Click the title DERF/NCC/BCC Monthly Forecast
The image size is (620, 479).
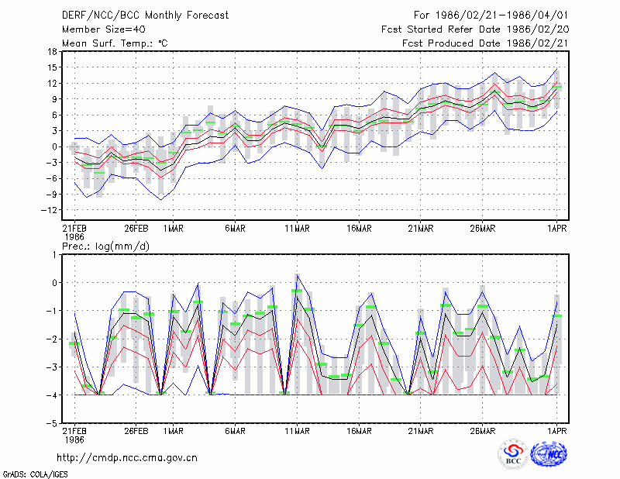point(145,16)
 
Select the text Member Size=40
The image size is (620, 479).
point(104,29)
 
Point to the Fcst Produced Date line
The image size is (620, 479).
point(485,43)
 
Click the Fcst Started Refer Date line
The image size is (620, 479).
point(475,29)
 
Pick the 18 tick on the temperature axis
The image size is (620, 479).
point(52,51)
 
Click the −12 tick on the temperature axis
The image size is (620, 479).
point(49,209)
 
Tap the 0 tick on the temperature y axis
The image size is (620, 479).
point(55,146)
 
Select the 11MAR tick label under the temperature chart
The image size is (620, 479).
point(297,229)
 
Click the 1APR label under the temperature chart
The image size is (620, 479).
point(557,229)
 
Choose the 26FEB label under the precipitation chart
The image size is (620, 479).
point(136,431)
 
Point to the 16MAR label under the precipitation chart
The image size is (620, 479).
point(359,431)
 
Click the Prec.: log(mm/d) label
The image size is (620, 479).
point(105,246)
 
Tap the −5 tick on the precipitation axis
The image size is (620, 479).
point(52,423)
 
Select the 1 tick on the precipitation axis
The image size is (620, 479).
point(55,255)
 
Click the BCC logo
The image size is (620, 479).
point(513,454)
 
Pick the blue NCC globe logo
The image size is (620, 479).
point(549,454)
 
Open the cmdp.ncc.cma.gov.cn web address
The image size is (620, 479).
point(127,458)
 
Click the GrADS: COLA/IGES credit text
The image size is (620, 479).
point(35,474)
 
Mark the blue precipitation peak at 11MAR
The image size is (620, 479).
point(298,274)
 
